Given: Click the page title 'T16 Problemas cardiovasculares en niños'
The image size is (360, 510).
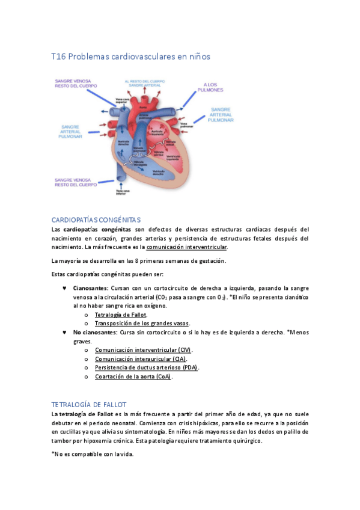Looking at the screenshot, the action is pos(131,57).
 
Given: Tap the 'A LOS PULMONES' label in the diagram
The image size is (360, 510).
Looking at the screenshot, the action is pos(213,87).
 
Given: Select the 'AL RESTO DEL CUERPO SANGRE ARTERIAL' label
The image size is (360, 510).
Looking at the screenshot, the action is pos(144,84).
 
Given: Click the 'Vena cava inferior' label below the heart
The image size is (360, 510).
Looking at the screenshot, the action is pos(122,192).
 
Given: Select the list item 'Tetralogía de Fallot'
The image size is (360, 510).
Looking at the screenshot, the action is pos(121,315).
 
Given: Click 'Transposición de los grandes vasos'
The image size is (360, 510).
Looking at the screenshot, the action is pos(142,323).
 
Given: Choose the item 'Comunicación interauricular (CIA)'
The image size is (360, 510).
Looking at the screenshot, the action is pos(140,358).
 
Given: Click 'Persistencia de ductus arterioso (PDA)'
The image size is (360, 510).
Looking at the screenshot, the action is pos(147,367).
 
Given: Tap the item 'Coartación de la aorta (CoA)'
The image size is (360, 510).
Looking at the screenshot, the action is pos(133,376).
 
